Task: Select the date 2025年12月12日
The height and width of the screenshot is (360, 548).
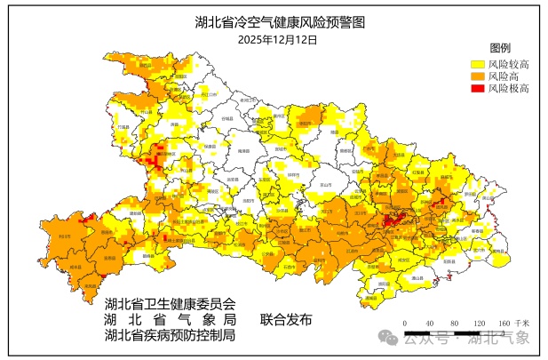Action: pyautogui.click(x=278, y=39)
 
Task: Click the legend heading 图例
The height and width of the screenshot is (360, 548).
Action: pyautogui.click(x=500, y=47)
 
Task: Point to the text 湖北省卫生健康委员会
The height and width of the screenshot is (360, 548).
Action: pyautogui.click(x=171, y=303)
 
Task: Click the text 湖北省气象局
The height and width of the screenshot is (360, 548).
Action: pyautogui.click(x=171, y=319)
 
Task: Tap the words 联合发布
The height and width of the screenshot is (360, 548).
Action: pyautogui.click(x=286, y=319)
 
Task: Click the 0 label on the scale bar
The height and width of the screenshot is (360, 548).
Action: pyautogui.click(x=404, y=323)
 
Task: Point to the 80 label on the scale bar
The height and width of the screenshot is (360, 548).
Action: pyautogui.click(x=454, y=323)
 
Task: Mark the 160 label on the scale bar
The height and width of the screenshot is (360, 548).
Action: pyautogui.click(x=504, y=323)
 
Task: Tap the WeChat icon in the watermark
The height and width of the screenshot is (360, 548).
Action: pyautogui.click(x=388, y=339)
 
